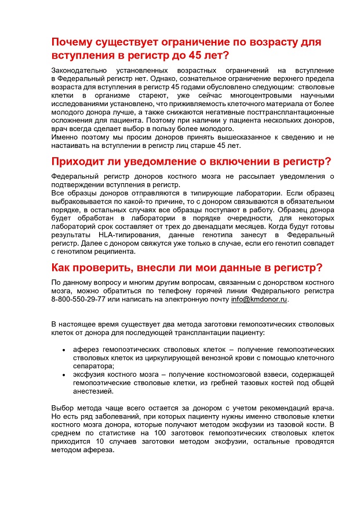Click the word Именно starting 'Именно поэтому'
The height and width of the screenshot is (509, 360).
coord(65,137)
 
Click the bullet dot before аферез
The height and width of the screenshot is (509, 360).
coord(63,351)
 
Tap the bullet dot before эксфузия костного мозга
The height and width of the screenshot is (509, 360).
coord(63,376)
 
